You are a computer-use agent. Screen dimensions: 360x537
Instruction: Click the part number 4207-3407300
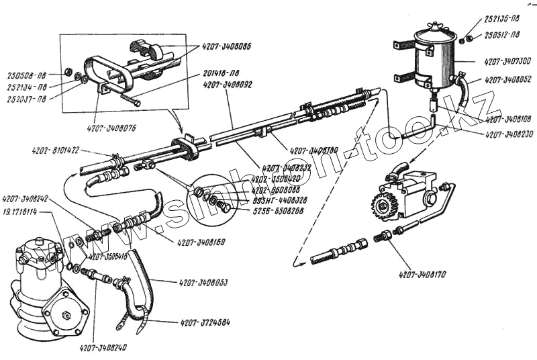point(506,60)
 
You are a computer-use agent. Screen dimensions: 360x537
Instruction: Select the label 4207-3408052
point(507,79)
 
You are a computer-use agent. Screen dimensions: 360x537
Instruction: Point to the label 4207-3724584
point(205,323)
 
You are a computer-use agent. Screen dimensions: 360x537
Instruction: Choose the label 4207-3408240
point(103,347)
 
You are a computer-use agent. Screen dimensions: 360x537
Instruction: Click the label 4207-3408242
point(26,199)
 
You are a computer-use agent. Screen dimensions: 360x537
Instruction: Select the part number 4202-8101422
point(55,150)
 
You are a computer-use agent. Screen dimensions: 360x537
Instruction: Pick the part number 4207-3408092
point(228,85)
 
